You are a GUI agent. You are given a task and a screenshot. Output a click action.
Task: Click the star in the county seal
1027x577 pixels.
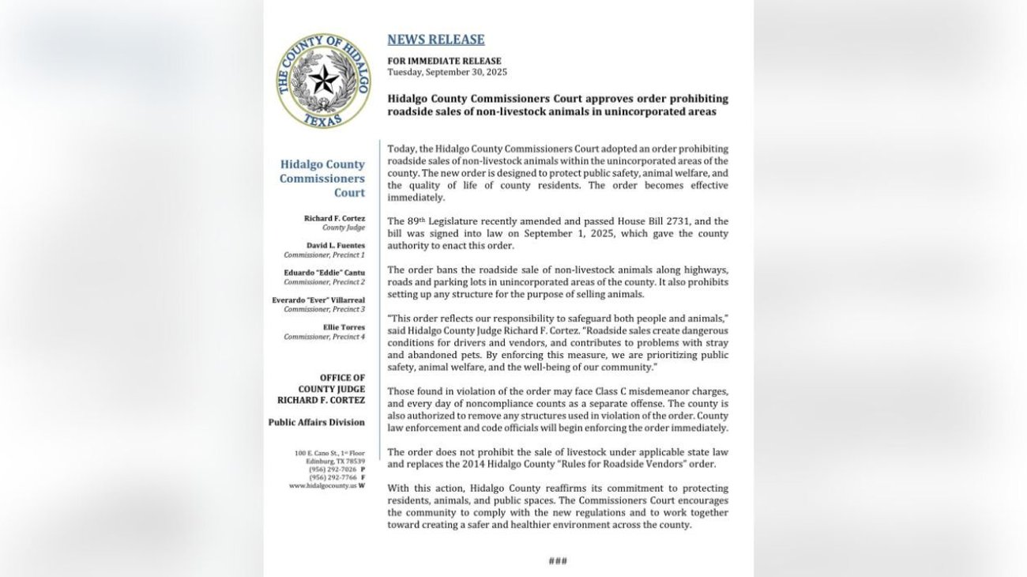click(323, 79)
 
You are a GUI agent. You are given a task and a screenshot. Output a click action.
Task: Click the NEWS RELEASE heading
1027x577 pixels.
click(435, 40)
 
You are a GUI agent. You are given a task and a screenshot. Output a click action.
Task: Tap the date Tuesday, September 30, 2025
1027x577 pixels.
click(447, 72)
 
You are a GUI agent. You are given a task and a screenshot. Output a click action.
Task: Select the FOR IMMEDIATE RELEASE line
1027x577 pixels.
click(444, 61)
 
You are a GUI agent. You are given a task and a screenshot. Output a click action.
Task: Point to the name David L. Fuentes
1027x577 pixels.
click(335, 246)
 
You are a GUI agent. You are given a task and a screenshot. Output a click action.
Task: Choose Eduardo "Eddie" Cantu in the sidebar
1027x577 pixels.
click(325, 273)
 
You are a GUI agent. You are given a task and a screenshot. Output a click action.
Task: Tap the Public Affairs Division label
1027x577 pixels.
click(316, 422)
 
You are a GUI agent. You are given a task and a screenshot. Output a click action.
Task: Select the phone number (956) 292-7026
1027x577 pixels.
click(332, 470)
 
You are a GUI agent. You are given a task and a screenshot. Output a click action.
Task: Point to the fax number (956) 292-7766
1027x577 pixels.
click(332, 477)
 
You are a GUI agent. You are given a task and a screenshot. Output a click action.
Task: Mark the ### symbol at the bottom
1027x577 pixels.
click(558, 561)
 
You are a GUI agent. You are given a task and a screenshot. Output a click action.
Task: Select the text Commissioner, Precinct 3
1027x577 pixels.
click(324, 310)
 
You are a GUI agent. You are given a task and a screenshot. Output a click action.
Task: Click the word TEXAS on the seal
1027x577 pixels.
click(323, 119)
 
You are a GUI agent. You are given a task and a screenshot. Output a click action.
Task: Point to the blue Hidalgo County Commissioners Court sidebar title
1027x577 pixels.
click(322, 179)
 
